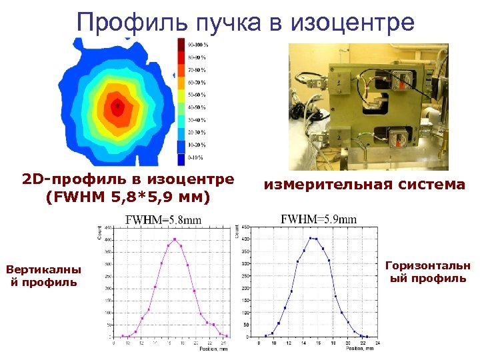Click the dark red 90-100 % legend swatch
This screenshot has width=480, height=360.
click(x=181, y=44)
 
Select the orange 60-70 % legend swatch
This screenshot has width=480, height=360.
click(x=181, y=83)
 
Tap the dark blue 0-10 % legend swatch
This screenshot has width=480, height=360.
click(x=181, y=159)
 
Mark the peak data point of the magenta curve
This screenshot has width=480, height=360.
click(x=175, y=239)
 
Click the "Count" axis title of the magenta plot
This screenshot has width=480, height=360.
click(x=99, y=233)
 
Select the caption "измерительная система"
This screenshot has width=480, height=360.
click(x=364, y=185)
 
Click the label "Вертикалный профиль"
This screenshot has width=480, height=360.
click(x=43, y=276)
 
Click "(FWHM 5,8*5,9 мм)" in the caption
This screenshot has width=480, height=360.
click(x=127, y=197)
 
